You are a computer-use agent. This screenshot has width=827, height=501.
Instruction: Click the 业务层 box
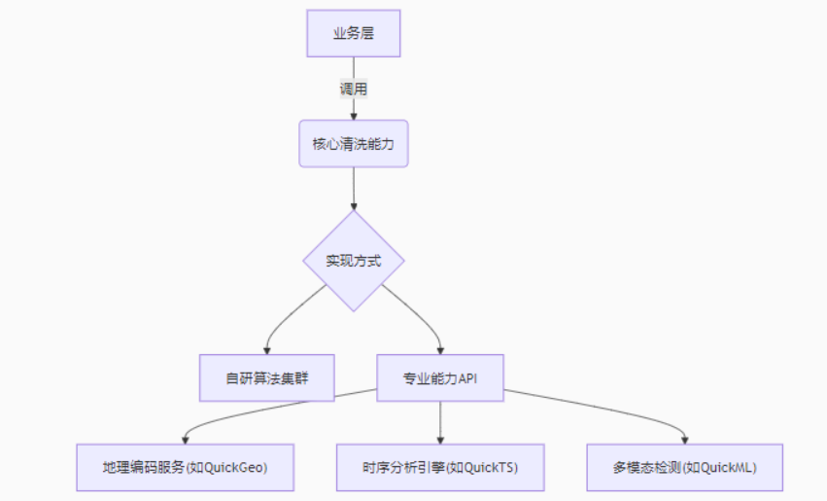353,34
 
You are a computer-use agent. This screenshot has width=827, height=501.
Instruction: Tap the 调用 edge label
353,89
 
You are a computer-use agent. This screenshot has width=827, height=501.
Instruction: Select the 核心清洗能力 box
353,144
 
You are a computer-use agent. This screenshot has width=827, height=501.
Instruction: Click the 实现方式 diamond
353,261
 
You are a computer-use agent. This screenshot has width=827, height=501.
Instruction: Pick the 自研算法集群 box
266,377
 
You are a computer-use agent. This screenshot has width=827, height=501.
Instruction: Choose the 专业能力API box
440,377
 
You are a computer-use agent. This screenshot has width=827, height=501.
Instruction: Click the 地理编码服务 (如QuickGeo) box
184,467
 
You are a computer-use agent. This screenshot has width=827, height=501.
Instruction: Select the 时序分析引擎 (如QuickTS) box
440,467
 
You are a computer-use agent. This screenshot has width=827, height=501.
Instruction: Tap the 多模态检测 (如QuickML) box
684,467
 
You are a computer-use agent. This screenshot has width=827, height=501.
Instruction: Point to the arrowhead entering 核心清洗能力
353,116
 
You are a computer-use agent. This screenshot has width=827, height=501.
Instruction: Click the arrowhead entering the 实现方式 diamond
353,205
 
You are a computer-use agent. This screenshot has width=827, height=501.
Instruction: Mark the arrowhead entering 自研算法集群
266,348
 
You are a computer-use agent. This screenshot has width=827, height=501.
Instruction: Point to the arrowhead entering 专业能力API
440,348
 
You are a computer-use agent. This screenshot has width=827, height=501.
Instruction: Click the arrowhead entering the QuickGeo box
184,439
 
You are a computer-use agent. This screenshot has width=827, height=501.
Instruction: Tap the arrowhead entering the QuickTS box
440,439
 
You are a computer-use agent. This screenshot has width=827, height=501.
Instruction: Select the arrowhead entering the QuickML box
684,439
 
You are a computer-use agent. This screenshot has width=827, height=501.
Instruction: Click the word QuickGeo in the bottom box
234,468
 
